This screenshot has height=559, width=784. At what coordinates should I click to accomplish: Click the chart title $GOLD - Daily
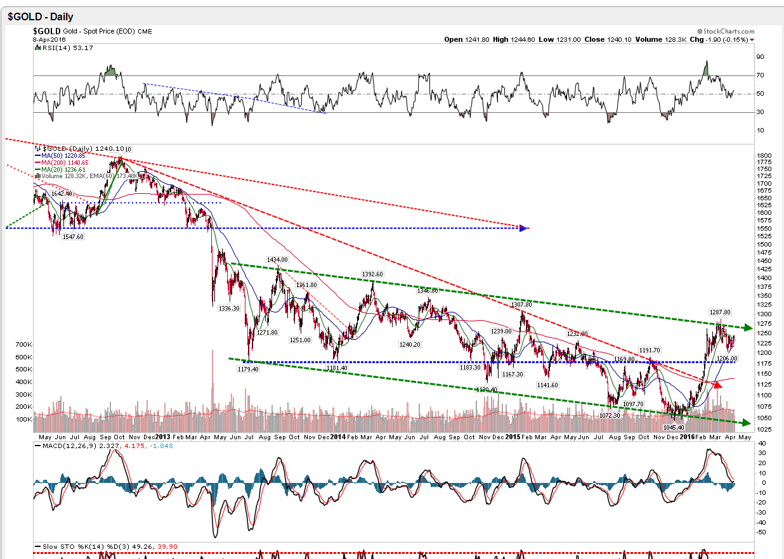click(x=41, y=17)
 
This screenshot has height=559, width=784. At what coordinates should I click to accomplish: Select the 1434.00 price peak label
click(x=277, y=260)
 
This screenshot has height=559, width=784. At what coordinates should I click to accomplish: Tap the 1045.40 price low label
click(x=674, y=428)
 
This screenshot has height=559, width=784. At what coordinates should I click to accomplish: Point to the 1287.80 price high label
click(x=720, y=312)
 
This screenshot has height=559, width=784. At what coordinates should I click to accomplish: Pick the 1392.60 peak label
click(x=372, y=274)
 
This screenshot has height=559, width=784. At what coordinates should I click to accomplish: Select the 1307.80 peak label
click(x=521, y=304)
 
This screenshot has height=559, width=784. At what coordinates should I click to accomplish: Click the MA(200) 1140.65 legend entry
click(x=61, y=163)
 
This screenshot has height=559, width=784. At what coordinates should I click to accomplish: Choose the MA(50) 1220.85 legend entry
click(x=59, y=155)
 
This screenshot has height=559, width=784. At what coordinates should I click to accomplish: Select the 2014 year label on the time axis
click(x=338, y=437)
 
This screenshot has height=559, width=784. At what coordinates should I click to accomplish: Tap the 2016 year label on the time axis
click(x=688, y=437)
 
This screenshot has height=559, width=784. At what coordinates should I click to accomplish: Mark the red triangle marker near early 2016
click(x=717, y=384)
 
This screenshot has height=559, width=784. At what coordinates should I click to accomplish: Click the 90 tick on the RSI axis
click(x=759, y=57)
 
